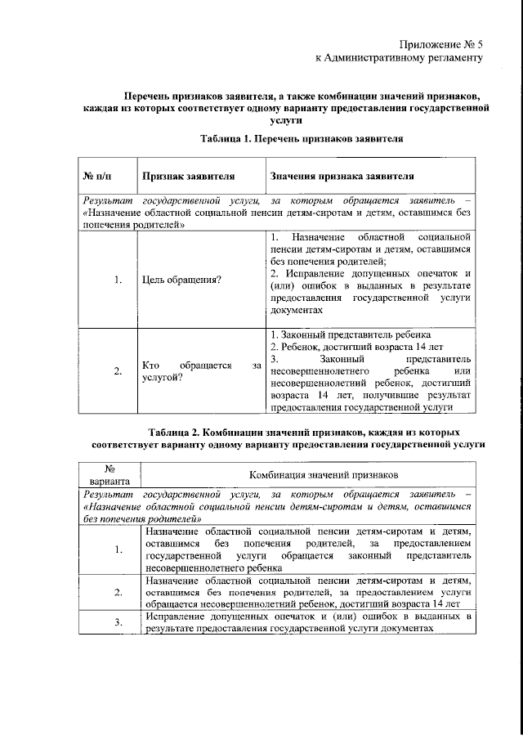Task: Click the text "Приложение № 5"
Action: pos(442,43)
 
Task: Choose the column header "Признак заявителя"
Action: pos(189,176)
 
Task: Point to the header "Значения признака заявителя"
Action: pos(341,176)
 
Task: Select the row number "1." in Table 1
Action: pos(118,280)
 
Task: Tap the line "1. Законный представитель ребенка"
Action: pos(345,336)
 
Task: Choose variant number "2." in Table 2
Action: pos(119,591)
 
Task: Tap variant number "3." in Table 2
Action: pos(119,622)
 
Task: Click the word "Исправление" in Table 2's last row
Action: pos(174,616)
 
